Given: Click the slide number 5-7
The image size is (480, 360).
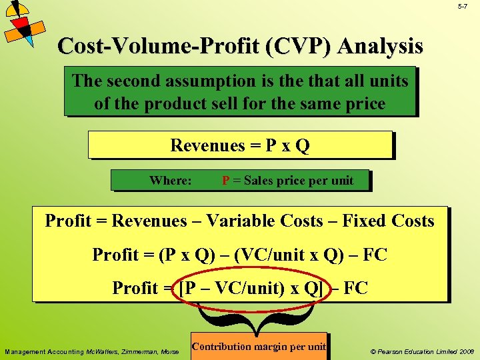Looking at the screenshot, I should [x=463, y=7].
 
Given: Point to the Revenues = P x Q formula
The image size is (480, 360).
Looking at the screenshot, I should [x=240, y=145].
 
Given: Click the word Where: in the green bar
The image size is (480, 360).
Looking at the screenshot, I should [x=171, y=181].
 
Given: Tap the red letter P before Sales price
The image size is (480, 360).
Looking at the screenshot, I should [x=226, y=181].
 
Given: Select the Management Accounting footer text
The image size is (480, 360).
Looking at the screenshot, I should [x=91, y=351].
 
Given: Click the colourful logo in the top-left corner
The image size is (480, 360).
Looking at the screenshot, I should [x=24, y=23].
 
